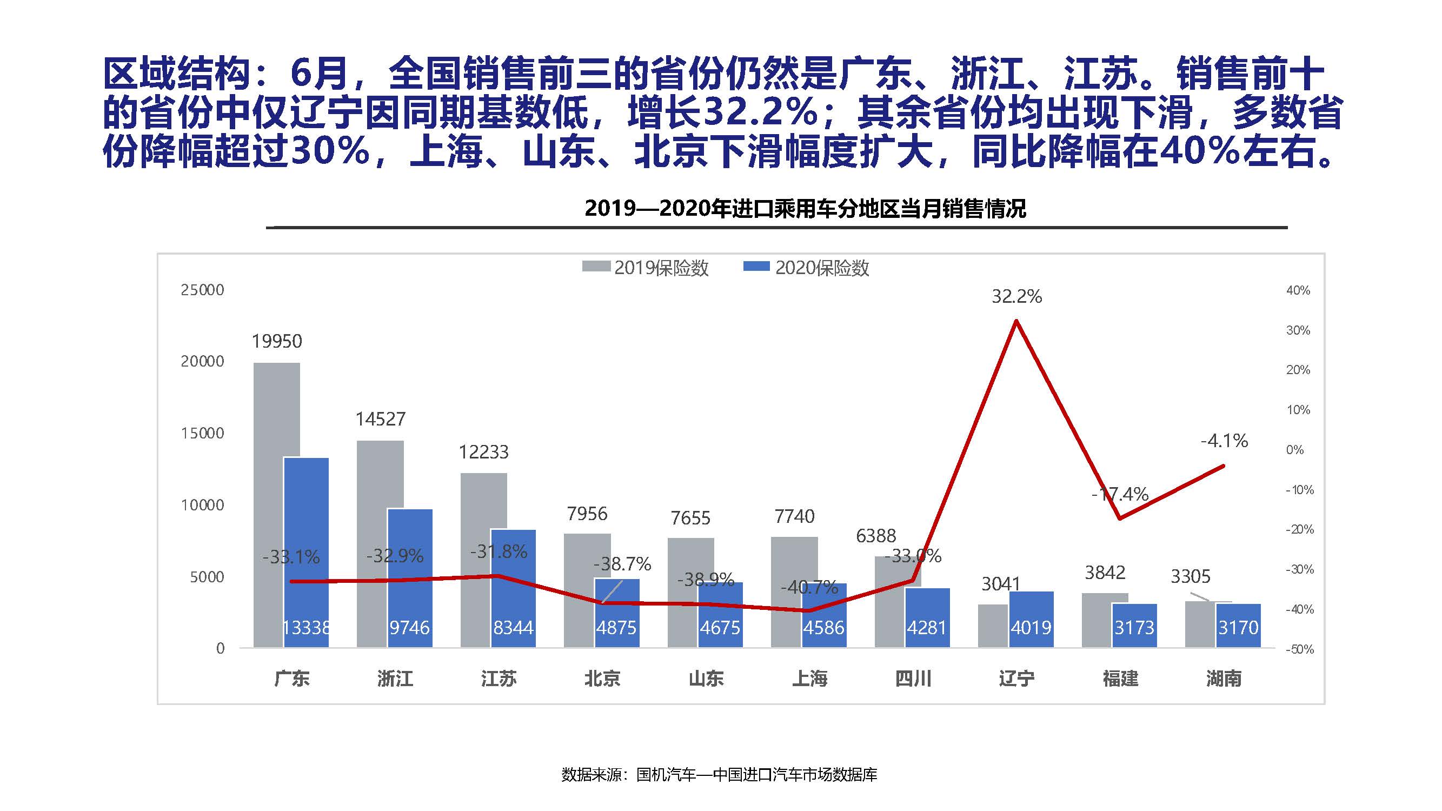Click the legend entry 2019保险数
(646, 268)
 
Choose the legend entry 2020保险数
(807, 268)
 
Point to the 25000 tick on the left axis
(202, 290)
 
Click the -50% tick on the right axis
(1299, 649)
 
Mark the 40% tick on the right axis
(1298, 290)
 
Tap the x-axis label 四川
(913, 679)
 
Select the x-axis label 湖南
(1224, 679)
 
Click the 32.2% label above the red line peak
(1016, 296)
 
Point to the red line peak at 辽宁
(1016, 321)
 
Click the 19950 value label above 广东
(276, 341)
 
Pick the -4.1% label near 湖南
(1224, 441)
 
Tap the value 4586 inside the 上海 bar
(823, 627)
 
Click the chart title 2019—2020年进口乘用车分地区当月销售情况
(805, 209)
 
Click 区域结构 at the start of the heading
(176, 74)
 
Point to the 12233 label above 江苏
(484, 451)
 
